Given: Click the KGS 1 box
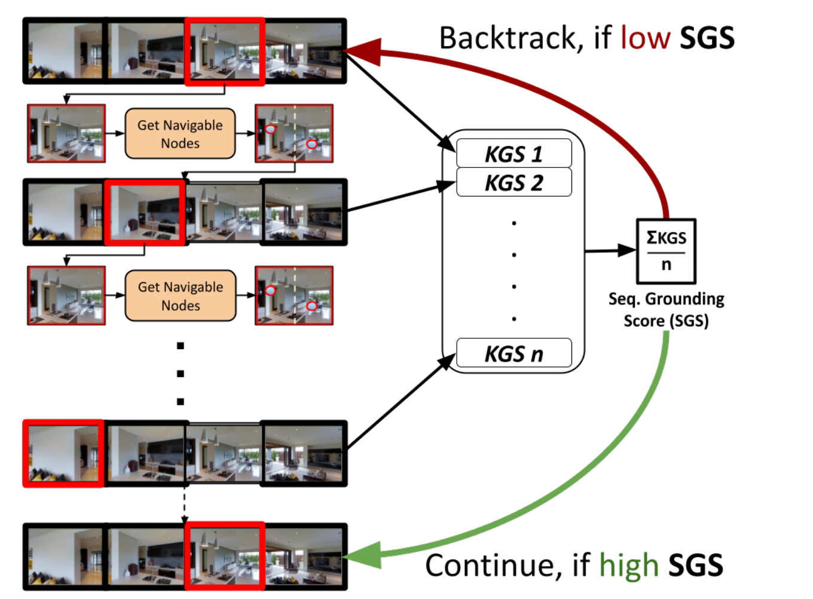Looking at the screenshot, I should (514, 154).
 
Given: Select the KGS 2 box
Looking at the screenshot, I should (514, 182).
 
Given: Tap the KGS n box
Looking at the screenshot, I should (514, 353).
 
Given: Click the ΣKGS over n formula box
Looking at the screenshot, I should (666, 251).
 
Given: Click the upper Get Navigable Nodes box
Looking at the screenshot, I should (180, 134).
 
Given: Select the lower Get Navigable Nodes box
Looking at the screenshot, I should (181, 296).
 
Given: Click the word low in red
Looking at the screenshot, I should (646, 38).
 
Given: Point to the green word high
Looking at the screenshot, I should (629, 565).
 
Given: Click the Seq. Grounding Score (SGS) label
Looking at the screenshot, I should (666, 310).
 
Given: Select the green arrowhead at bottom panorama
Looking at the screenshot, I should (362, 555).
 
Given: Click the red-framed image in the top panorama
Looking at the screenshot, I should (225, 51).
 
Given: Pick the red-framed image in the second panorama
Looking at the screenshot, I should (145, 213).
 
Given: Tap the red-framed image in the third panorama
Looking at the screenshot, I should (63, 454).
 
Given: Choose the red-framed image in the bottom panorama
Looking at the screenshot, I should (225, 556).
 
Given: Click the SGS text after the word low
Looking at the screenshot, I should (707, 38).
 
